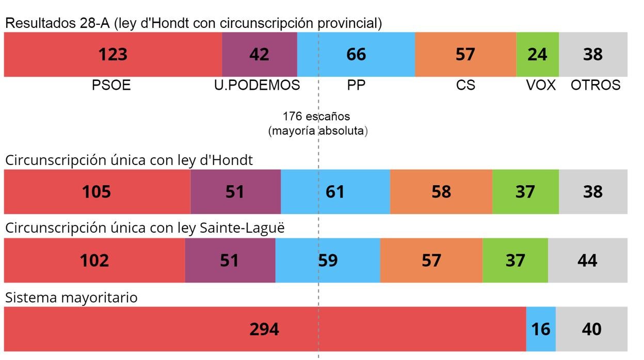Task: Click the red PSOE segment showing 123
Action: pos(113,55)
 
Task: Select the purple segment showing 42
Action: pos(260,55)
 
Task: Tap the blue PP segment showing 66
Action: pos(356,55)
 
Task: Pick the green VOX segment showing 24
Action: pos(537,55)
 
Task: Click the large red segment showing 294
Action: pos(264,329)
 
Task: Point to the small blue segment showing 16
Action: pos(541,329)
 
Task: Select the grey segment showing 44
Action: pos(587,260)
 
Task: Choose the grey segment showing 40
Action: pos(591,329)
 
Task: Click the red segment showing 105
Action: pos(97,192)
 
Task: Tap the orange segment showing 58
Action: pos(441,192)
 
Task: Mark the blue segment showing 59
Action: pos(328,260)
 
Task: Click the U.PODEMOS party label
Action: pos(257,86)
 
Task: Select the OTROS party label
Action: pos(595,86)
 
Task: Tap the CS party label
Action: pos(465,86)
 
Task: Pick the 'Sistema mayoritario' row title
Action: pos(71,298)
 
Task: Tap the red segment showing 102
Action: pos(94,260)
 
